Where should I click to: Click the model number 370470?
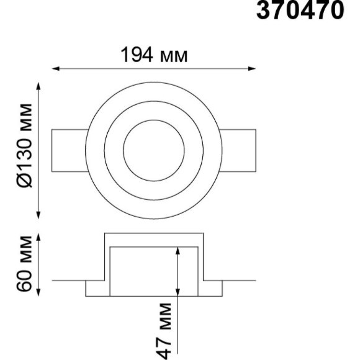click(299, 11)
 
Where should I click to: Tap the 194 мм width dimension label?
click(153, 55)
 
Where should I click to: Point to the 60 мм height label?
click(25, 263)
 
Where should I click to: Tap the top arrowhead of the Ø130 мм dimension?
click(40, 85)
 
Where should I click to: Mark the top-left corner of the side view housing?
click(104, 233)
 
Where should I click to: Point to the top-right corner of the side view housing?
click(203, 233)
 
